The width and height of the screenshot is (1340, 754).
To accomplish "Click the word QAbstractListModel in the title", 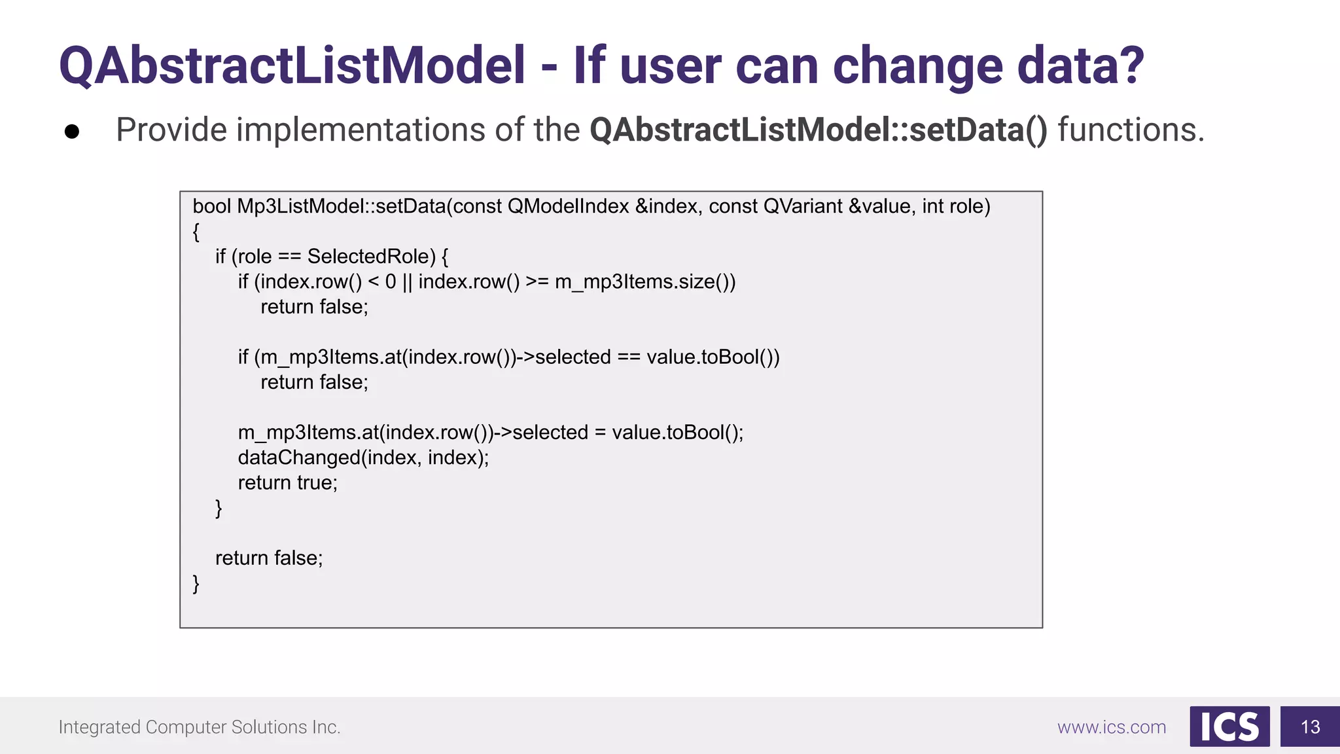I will pyautogui.click(x=292, y=66).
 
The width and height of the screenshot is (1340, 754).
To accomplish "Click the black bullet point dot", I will pyautogui.click(x=72, y=132).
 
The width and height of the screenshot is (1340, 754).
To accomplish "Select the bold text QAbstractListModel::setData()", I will pyautogui.click(x=818, y=130).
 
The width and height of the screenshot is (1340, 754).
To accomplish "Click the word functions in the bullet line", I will pyautogui.click(x=1130, y=130).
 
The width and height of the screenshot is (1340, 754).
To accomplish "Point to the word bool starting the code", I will pyautogui.click(x=211, y=206).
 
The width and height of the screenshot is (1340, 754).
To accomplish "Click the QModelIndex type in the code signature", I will pyautogui.click(x=568, y=206).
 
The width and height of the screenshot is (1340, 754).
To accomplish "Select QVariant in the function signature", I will pyautogui.click(x=802, y=206).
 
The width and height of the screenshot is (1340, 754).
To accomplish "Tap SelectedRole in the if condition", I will pyautogui.click(x=371, y=257).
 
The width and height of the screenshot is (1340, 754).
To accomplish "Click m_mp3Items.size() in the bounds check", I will pyautogui.click(x=644, y=281).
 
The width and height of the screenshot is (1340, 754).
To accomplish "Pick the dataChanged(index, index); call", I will pyautogui.click(x=363, y=458).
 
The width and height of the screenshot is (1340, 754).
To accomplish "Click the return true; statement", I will pyautogui.click(x=287, y=483).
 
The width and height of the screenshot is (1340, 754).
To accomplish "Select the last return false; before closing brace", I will pyautogui.click(x=269, y=558).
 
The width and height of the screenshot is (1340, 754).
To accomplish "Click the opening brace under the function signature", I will pyautogui.click(x=196, y=232).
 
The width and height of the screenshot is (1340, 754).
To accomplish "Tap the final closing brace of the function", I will pyautogui.click(x=196, y=583).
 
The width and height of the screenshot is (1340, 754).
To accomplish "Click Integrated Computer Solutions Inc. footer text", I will pyautogui.click(x=200, y=727).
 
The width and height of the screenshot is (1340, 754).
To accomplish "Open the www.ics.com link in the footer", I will pyautogui.click(x=1111, y=727).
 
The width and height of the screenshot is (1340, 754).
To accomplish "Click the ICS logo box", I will pyautogui.click(x=1229, y=727).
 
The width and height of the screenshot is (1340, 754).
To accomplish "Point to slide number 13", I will pyautogui.click(x=1310, y=727).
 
